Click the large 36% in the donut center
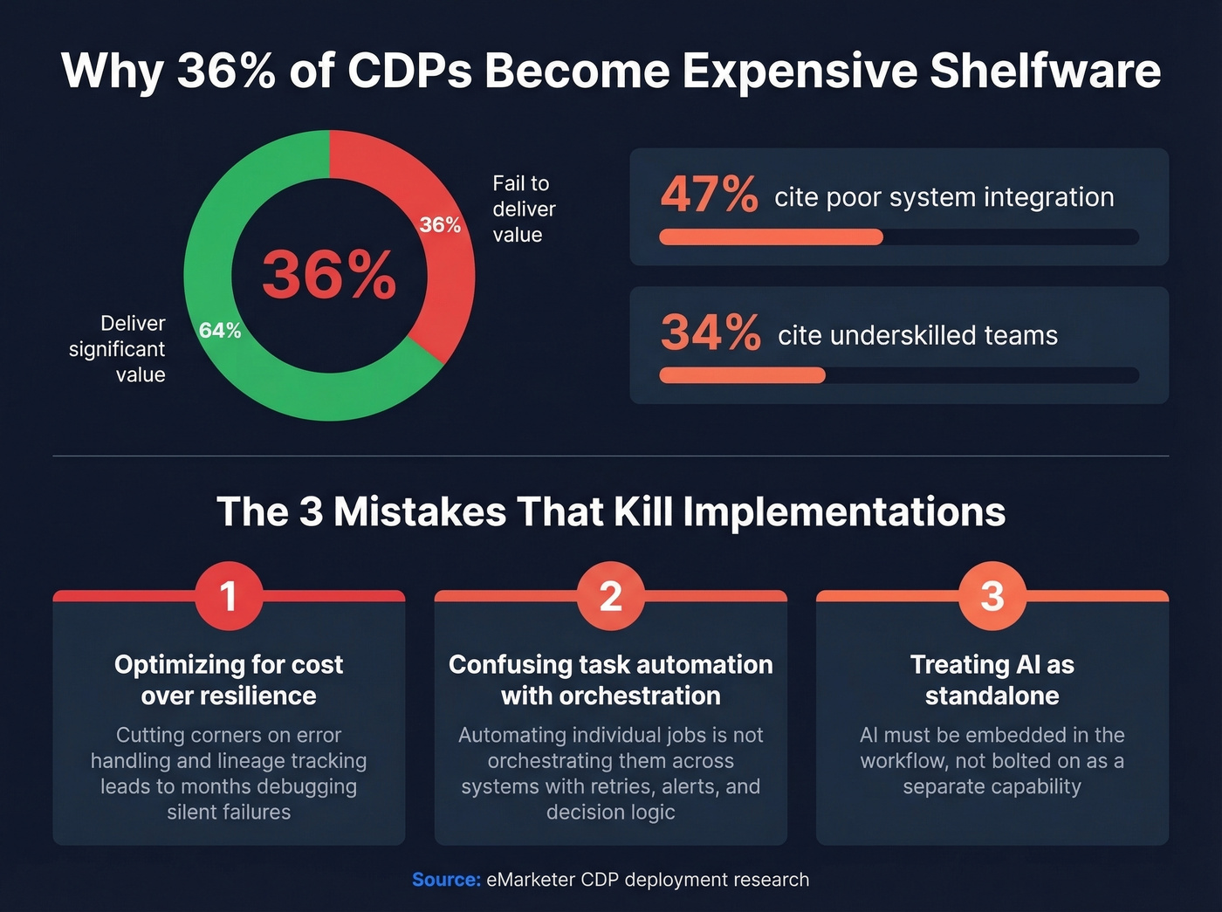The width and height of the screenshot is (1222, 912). pyautogui.click(x=329, y=275)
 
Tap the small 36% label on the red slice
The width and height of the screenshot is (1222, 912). pyautogui.click(x=440, y=225)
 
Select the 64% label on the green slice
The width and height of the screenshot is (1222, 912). pyautogui.click(x=220, y=331)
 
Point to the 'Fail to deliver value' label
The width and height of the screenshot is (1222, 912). pyautogui.click(x=524, y=209)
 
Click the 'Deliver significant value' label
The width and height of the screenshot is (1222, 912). pyautogui.click(x=118, y=349)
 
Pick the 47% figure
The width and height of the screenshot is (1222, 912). pyautogui.click(x=709, y=194)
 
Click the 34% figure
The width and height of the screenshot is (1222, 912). pyautogui.click(x=711, y=333)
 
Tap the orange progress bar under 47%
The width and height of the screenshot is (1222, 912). pyautogui.click(x=771, y=237)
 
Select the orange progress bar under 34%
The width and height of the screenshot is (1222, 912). pyautogui.click(x=742, y=375)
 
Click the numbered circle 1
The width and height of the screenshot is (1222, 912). pyautogui.click(x=229, y=596)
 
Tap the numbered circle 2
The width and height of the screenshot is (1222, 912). pyautogui.click(x=611, y=596)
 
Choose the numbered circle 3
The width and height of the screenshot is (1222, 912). pyautogui.click(x=992, y=596)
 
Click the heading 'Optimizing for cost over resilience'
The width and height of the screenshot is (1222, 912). pyautogui.click(x=229, y=680)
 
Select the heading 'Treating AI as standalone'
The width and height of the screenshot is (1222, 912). pyautogui.click(x=992, y=680)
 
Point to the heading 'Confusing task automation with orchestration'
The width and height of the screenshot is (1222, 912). pyautogui.click(x=611, y=680)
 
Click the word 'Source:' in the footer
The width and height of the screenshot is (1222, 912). pyautogui.click(x=446, y=880)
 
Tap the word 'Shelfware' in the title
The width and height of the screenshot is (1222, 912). pyautogui.click(x=1045, y=71)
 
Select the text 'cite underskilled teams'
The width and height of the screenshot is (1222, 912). pyautogui.click(x=917, y=336)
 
